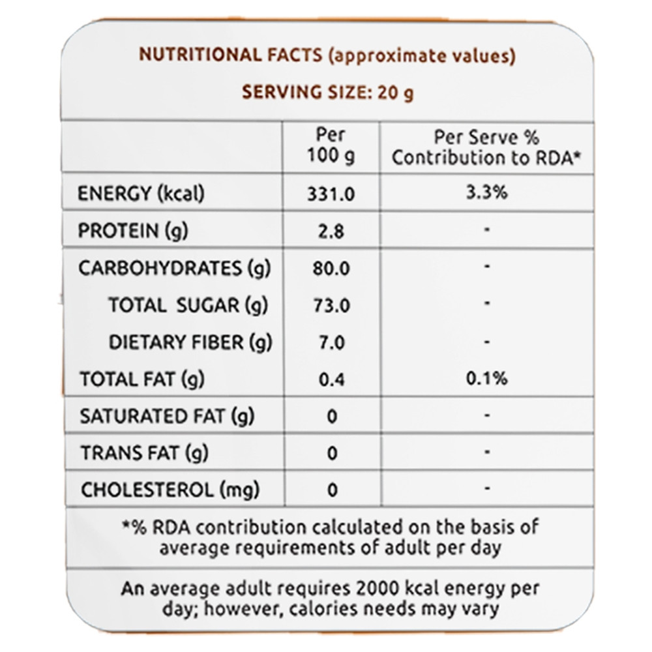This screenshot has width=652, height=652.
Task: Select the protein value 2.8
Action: (331, 231)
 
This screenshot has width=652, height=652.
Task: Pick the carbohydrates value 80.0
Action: (331, 268)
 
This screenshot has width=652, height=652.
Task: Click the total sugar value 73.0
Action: (331, 305)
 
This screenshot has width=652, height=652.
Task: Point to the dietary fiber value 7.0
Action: (331, 342)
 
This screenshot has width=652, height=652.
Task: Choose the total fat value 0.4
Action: (331, 379)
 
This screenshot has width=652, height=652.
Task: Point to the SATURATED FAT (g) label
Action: (167, 416)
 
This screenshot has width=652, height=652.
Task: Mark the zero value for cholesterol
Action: (331, 490)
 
